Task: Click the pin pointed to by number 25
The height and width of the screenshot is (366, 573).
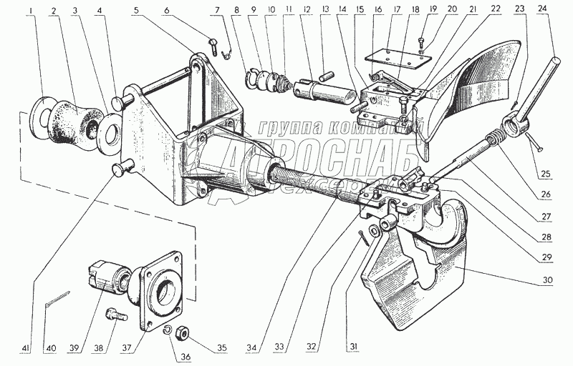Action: click(x=534, y=143)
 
